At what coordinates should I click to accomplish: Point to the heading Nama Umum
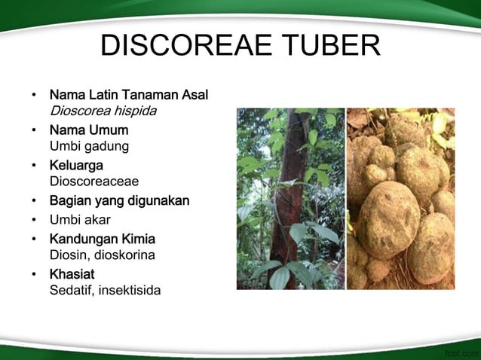pyautogui.click(x=88, y=130)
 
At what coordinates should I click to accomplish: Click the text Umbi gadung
pyautogui.click(x=89, y=146)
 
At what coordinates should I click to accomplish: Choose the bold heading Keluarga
pyautogui.click(x=76, y=165)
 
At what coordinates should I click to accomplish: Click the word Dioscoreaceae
pyautogui.click(x=93, y=181)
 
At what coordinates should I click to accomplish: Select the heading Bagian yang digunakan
pyautogui.click(x=119, y=200)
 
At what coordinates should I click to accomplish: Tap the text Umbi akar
pyautogui.click(x=80, y=220)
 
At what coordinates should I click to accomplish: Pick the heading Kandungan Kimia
pyautogui.click(x=102, y=239)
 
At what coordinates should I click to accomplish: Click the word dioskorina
pyautogui.click(x=132, y=255)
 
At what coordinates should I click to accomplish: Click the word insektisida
pyautogui.click(x=129, y=289)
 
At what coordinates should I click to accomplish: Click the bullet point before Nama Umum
pyautogui.click(x=34, y=131)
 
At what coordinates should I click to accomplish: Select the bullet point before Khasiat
pyautogui.click(x=34, y=274)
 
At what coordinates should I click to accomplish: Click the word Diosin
pyautogui.click(x=69, y=255)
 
